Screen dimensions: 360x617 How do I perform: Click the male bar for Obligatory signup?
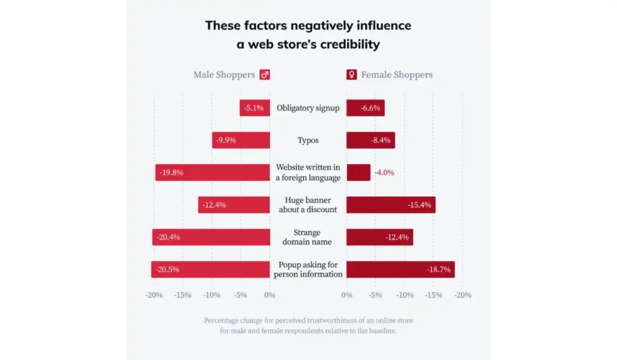click(x=254, y=108)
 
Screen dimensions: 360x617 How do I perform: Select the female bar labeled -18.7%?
click(x=400, y=270)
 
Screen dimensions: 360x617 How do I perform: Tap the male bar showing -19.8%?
click(x=212, y=172)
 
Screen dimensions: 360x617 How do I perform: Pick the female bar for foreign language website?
click(x=358, y=172)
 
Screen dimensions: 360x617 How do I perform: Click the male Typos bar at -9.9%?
click(x=240, y=141)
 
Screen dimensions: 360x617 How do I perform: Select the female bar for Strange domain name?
click(x=379, y=237)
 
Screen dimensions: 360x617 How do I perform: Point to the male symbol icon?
click(x=265, y=75)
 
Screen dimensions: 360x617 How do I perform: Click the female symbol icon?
click(x=351, y=75)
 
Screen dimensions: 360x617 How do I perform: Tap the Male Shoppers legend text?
click(x=224, y=75)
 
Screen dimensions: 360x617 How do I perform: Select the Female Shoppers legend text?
click(x=396, y=75)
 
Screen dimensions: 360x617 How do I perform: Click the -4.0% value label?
click(x=384, y=172)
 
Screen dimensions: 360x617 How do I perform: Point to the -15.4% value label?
click(x=419, y=205)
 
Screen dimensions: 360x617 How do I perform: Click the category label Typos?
click(x=308, y=141)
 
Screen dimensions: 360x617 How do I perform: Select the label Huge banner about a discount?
click(x=308, y=205)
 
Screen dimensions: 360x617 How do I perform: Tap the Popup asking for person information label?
click(x=308, y=270)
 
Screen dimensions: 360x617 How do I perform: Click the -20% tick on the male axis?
click(x=154, y=295)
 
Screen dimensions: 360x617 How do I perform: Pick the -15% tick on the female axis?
click(x=433, y=295)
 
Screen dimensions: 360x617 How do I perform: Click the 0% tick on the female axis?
click(x=346, y=295)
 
